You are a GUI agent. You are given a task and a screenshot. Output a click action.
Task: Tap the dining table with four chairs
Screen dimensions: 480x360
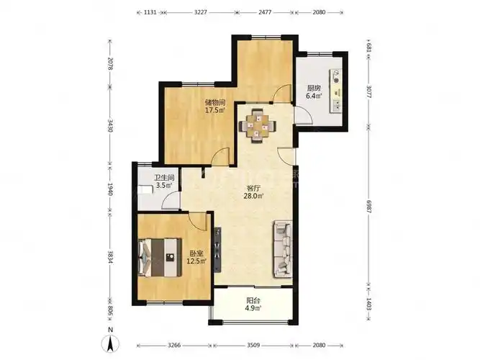[x=257, y=125]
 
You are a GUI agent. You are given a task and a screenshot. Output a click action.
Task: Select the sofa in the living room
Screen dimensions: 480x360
[x=282, y=249]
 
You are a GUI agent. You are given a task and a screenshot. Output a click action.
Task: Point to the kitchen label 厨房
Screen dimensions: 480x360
[x=314, y=89]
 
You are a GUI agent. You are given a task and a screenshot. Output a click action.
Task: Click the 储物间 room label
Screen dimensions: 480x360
[x=215, y=102]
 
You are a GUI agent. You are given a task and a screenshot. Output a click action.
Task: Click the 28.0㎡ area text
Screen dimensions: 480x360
[x=253, y=196]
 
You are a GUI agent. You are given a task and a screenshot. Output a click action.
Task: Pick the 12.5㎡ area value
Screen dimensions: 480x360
[x=196, y=261]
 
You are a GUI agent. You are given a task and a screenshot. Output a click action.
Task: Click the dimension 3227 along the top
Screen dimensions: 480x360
[x=201, y=12]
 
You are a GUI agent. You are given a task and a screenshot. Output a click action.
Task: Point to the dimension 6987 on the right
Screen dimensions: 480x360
[x=369, y=207]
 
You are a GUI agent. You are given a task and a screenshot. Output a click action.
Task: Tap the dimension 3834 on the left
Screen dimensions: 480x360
[x=110, y=258]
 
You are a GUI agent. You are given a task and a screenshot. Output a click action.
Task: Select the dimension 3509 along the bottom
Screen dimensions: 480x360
[x=253, y=346]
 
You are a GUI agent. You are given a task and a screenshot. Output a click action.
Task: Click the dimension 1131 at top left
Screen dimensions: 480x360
[x=150, y=12]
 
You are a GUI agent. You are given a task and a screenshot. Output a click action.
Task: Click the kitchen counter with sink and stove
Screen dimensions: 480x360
[x=335, y=91]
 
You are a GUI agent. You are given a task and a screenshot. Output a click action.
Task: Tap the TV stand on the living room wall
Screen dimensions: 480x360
[x=217, y=250]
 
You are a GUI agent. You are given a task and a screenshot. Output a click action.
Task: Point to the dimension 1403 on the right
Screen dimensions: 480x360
[x=369, y=304]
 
